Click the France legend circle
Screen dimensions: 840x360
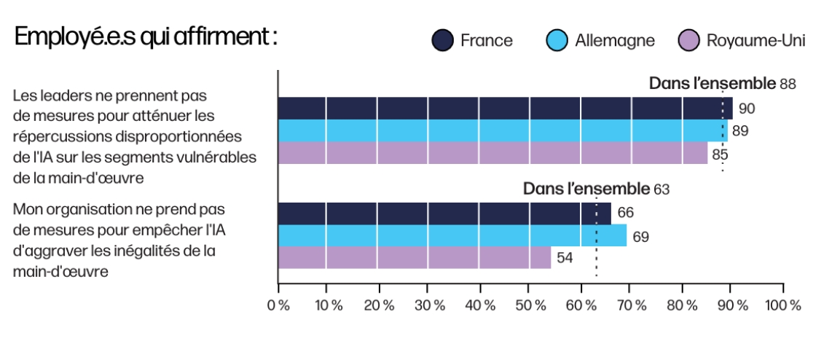pos(443,41)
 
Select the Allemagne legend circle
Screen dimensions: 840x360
pos(557,41)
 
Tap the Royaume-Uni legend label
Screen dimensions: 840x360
pos(756,41)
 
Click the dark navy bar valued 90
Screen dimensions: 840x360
pos(505,108)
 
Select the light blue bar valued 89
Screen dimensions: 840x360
pos(503,130)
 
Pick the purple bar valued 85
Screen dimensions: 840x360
pos(493,153)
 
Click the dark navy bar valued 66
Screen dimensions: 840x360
pos(444,214)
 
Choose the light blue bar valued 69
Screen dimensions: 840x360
pos(452,235)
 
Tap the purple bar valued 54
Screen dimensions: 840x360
pos(415,258)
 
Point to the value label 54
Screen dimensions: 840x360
pos(565,258)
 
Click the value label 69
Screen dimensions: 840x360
pos(640,237)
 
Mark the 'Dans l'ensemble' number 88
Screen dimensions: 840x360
pos(788,84)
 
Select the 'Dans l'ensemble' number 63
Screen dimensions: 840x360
pos(662,189)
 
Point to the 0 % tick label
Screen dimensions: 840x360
pos(278,306)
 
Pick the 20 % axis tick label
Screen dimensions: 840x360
pos(380,306)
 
